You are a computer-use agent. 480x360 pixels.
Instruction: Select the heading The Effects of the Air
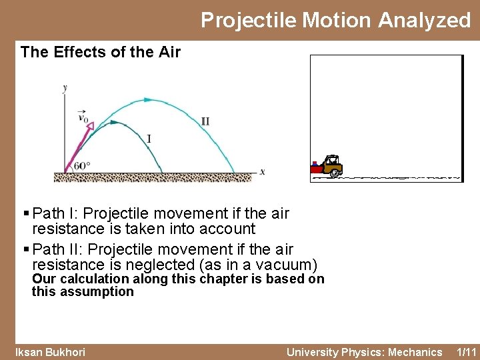tap(100, 52)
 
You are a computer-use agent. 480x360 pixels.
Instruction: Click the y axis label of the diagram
tap(65, 87)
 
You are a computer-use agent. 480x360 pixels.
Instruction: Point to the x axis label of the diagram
tap(262, 172)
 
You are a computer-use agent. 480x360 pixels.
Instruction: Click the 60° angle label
tap(81, 165)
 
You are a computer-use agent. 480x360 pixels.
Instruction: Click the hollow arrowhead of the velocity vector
tap(89, 126)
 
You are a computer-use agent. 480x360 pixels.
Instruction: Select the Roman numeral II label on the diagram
tap(205, 121)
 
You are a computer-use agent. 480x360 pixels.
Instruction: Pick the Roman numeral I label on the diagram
tap(149, 139)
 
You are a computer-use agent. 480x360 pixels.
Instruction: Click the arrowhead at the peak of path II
tap(148, 100)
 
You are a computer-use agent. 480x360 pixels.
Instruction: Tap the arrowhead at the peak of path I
tap(115, 123)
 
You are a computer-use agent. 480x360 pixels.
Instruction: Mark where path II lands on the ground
tap(233, 171)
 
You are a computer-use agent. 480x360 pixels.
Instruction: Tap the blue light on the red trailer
tap(314, 163)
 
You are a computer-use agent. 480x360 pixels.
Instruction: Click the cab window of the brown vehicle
tap(330, 161)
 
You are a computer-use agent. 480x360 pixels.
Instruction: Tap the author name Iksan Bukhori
tap(51, 352)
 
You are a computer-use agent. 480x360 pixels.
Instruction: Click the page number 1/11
tap(467, 352)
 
